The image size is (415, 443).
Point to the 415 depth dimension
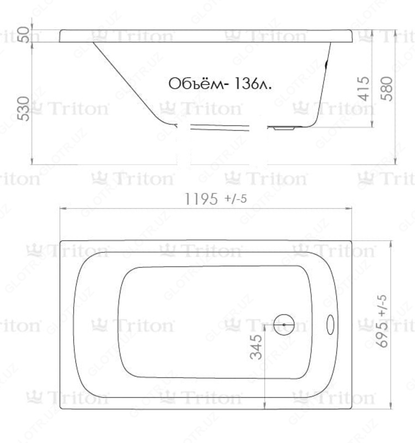[x=364, y=89]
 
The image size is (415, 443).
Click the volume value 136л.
[x=255, y=84]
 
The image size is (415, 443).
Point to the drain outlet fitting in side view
[x=284, y=128]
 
